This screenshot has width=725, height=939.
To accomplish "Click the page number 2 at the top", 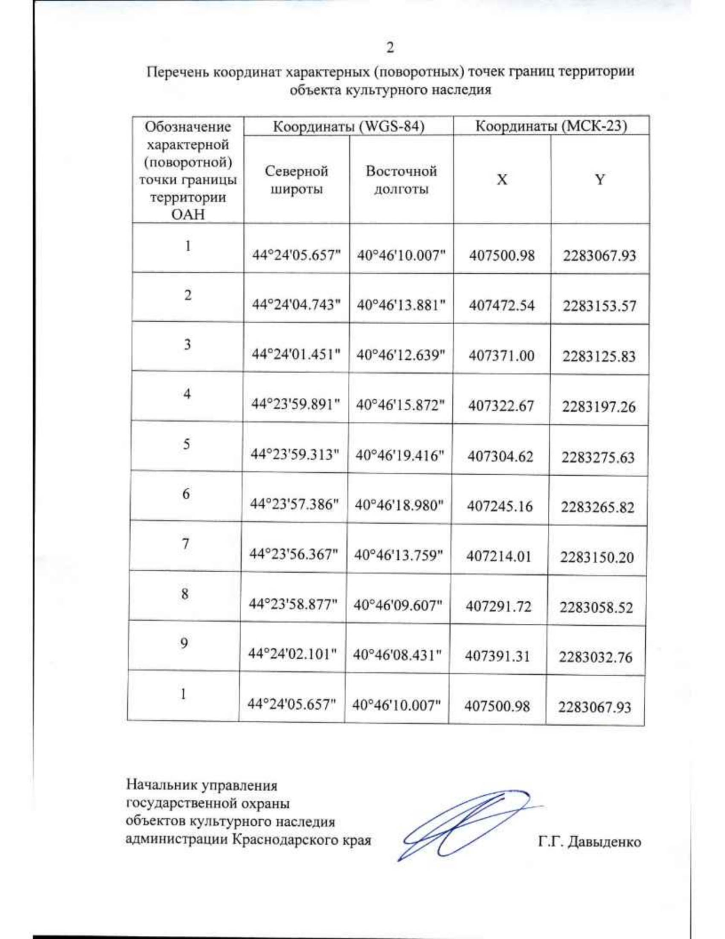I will click(390, 48).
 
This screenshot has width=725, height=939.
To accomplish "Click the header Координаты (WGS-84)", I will click(349, 126).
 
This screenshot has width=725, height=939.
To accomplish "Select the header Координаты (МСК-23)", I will click(551, 126).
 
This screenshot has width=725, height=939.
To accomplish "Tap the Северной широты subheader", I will click(296, 180).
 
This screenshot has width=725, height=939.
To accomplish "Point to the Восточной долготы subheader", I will click(401, 180).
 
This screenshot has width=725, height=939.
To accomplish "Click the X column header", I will click(502, 180).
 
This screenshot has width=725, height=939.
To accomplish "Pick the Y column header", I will click(599, 180).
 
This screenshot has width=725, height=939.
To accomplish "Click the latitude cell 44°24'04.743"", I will click(296, 305).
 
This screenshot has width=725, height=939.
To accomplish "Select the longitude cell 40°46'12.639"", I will click(401, 355).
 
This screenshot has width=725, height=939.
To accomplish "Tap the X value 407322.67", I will click(501, 405).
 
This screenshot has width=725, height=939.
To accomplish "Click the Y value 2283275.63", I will click(598, 457).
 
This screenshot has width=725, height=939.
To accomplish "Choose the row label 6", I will click(186, 494).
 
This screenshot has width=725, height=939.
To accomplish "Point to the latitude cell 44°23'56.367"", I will click(294, 554).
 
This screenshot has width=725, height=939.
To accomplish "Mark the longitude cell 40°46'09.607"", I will click(398, 605).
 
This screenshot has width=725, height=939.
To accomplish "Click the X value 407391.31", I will click(497, 656).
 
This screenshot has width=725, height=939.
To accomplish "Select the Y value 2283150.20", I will click(597, 557).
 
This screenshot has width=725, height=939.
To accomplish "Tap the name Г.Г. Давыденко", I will click(590, 842).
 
